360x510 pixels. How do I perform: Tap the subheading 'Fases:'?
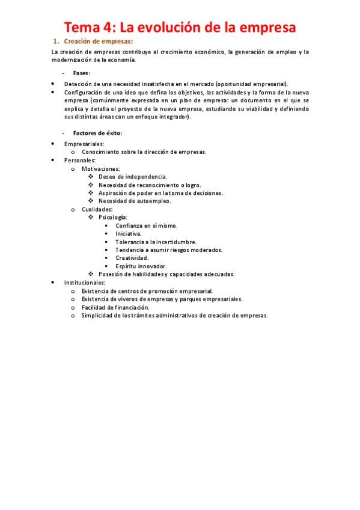82,73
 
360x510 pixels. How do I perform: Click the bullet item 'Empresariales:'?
84,144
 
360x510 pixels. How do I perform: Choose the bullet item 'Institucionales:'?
85,282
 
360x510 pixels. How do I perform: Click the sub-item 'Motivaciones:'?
100,169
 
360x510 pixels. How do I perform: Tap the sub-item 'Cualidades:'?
97,209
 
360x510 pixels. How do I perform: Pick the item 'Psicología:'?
113,217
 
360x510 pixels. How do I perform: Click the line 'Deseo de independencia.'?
132,177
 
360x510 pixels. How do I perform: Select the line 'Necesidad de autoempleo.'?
135,201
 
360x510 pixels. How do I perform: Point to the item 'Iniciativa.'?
129,233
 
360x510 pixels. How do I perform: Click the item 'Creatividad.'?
132,257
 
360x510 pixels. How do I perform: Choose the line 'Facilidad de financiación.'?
115,307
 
